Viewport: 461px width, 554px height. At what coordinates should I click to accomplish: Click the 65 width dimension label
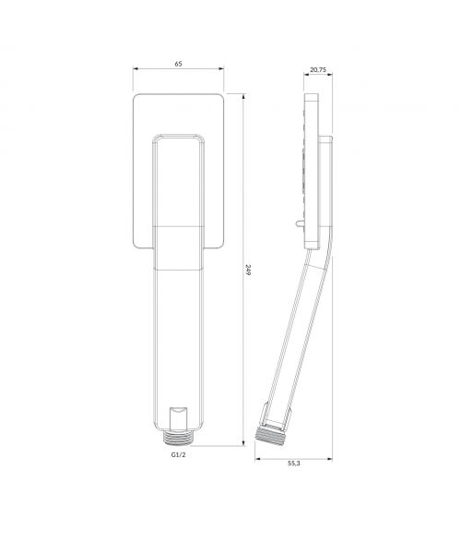[x=179, y=64]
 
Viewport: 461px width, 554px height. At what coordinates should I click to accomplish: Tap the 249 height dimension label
[x=248, y=270]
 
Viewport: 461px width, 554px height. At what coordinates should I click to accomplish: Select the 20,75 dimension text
[x=318, y=69]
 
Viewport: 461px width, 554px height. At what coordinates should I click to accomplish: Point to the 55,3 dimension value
[x=294, y=464]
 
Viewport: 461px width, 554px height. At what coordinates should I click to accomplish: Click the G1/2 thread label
[x=179, y=454]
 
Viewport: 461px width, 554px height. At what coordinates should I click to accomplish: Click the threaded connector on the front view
[x=179, y=438]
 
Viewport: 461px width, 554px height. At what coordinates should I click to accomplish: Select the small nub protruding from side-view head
[x=299, y=223]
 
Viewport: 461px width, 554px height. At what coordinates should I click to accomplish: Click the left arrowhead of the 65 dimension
[x=136, y=69]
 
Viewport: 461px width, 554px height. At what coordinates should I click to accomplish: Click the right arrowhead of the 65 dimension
[x=221, y=69]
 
